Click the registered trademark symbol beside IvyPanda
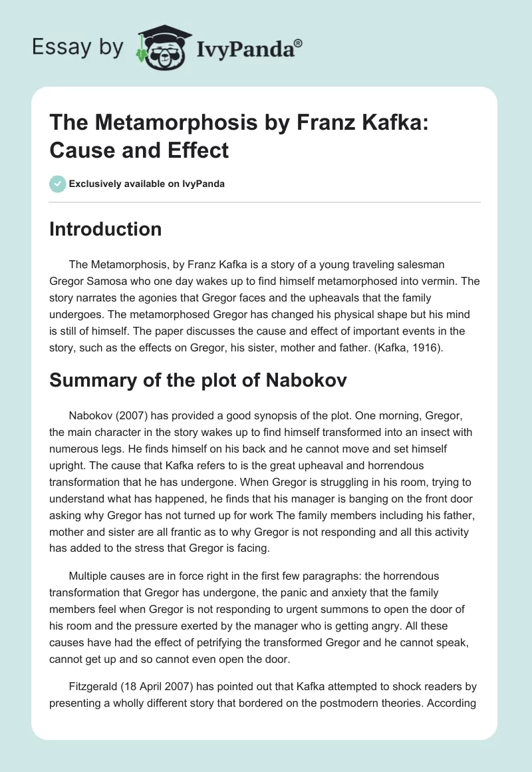pos(299,43)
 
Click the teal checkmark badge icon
pos(58,184)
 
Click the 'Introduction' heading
pos(106,229)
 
